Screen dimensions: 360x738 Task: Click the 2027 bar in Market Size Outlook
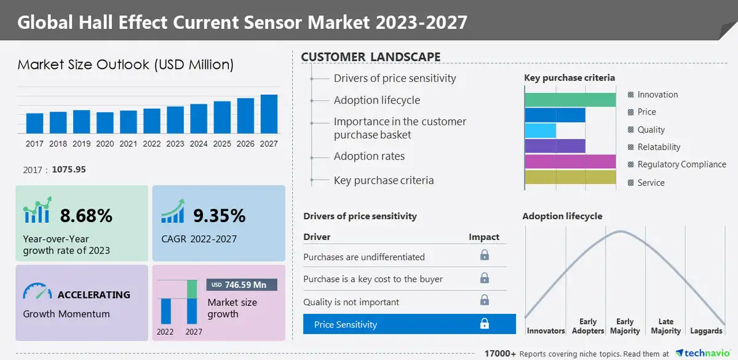coord(269,114)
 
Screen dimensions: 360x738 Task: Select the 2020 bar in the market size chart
coord(105,122)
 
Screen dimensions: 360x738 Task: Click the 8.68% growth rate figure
coord(86,215)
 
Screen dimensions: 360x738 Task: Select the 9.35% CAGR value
coord(220,215)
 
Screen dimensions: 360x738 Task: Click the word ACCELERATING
coord(93,295)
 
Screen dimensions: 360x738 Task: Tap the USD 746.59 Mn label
coord(242,285)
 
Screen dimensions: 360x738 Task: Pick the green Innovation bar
coord(570,100)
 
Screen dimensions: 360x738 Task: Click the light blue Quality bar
coord(540,130)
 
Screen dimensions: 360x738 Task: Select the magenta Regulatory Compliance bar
coord(570,161)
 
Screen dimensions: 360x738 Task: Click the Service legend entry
coord(651,183)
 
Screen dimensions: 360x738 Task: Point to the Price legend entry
coord(646,112)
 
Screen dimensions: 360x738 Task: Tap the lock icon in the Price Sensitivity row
coord(485,324)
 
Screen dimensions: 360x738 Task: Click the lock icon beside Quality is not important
coord(485,300)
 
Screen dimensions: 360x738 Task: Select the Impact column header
coord(484,237)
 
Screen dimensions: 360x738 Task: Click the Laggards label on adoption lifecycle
coord(706,331)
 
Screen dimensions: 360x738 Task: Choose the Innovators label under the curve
coord(546,331)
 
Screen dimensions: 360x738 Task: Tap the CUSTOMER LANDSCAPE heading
coord(370,57)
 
